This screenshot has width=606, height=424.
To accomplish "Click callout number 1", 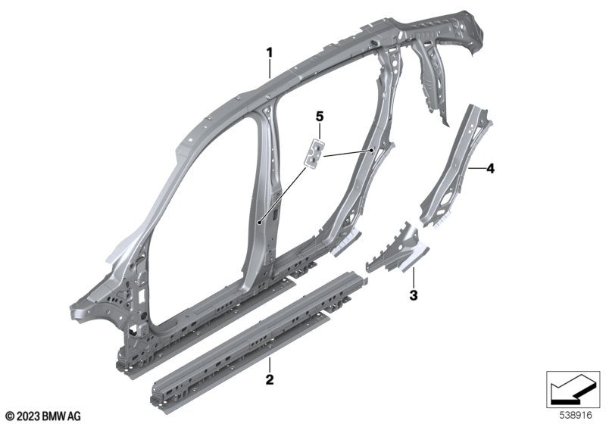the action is click(270, 52).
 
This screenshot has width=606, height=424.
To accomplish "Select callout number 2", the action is click(270, 379).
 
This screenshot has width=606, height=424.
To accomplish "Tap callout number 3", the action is click(414, 296).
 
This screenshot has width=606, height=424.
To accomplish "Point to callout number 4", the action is click(490, 168).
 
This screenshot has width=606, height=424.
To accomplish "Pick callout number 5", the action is click(320, 116).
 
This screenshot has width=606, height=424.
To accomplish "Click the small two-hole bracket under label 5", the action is click(314, 153).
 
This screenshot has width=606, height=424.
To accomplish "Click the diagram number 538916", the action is click(576, 416).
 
